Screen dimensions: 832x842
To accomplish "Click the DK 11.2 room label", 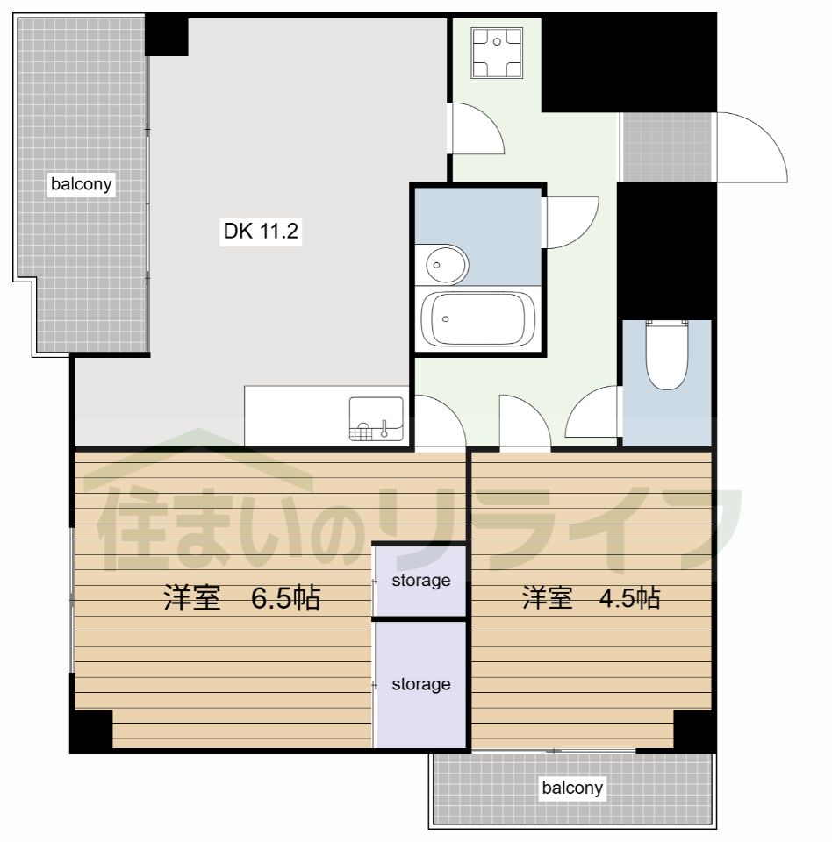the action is (261, 231).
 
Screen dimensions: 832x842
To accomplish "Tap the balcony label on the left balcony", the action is (81, 183).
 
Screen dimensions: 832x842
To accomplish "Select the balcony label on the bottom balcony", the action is (572, 788).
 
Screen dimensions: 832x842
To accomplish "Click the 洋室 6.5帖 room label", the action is (242, 597).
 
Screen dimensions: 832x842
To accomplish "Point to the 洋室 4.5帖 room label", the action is (592, 597).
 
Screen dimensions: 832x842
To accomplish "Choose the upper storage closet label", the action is (421, 581).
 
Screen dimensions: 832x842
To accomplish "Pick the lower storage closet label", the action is (421, 684).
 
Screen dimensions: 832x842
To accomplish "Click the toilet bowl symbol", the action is (667, 355).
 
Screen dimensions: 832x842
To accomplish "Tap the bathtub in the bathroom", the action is (477, 319).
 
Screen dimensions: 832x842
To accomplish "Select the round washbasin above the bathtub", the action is (448, 264).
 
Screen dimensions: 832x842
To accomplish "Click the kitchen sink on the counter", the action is (377, 419).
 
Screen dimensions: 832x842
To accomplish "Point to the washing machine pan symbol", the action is (497, 54).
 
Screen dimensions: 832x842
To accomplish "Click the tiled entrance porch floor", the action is (667, 147).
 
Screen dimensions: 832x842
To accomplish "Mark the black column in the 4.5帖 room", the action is (694, 731).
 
